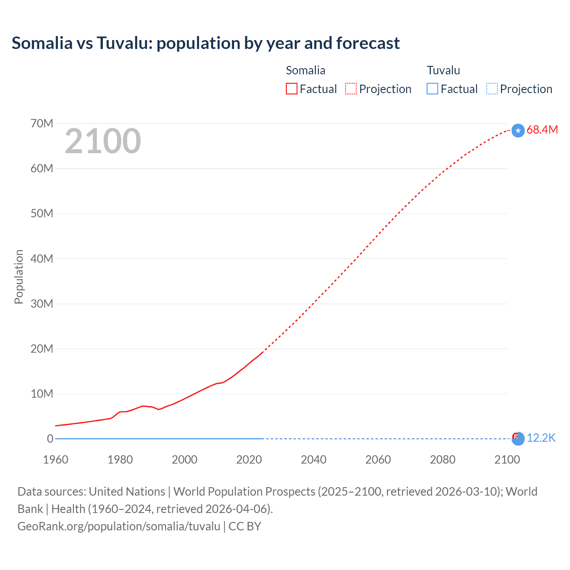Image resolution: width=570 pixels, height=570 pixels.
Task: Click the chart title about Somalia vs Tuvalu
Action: (x=205, y=43)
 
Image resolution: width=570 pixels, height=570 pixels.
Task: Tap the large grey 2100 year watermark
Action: (x=103, y=141)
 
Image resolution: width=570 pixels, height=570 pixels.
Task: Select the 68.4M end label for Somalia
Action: (x=542, y=130)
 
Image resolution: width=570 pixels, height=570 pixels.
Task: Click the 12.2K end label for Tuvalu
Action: (x=541, y=438)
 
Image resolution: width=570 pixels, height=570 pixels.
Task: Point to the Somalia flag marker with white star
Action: (x=518, y=130)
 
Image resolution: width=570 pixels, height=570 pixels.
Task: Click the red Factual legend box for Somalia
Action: (x=291, y=89)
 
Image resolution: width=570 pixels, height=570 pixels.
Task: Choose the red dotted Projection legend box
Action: (x=351, y=89)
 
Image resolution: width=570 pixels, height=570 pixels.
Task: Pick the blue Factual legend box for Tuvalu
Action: (x=432, y=89)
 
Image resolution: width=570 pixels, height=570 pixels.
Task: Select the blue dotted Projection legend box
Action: (x=492, y=89)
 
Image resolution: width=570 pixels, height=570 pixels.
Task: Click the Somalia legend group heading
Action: (x=305, y=70)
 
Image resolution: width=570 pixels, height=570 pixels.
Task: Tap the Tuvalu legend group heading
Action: (x=443, y=70)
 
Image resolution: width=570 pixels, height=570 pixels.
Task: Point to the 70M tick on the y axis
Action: (x=41, y=123)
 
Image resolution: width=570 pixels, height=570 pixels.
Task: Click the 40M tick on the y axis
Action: (x=41, y=259)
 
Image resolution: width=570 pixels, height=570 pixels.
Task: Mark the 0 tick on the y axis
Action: (x=50, y=439)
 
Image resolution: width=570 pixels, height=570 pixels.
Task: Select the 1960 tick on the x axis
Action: (x=56, y=460)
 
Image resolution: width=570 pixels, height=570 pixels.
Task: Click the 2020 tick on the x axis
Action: (x=249, y=460)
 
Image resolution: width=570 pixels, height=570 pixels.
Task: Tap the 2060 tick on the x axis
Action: (x=378, y=460)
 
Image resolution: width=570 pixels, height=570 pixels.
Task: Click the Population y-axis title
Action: (x=19, y=277)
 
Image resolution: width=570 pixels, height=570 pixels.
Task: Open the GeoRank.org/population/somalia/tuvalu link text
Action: (x=119, y=526)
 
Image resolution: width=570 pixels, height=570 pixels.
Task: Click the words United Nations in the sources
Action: (x=127, y=492)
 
